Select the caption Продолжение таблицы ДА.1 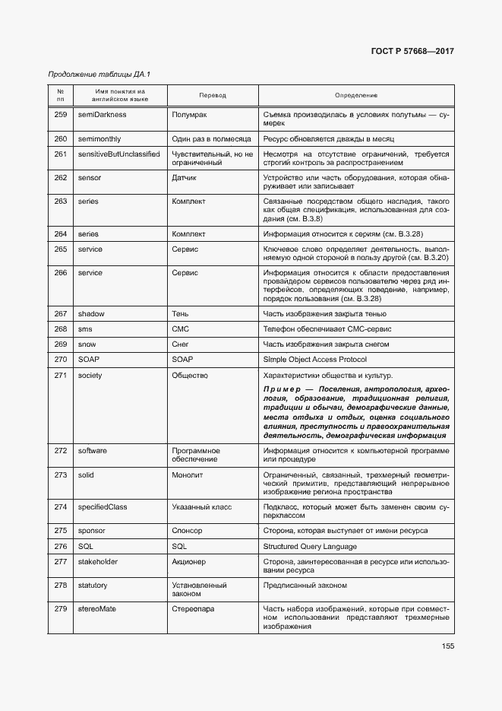[x=99, y=75]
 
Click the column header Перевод [x=213, y=95]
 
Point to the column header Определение [x=356, y=95]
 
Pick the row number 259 [x=61, y=115]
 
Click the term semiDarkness [x=102, y=115]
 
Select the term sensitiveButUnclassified [x=118, y=154]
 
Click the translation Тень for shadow [x=181, y=313]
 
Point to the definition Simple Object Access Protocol [x=314, y=359]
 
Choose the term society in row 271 [x=90, y=375]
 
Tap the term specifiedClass [x=102, y=506]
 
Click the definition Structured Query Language [x=310, y=546]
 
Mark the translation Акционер [x=188, y=561]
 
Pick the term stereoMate [x=98, y=608]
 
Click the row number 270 [x=61, y=359]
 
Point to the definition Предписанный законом [x=305, y=585]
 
